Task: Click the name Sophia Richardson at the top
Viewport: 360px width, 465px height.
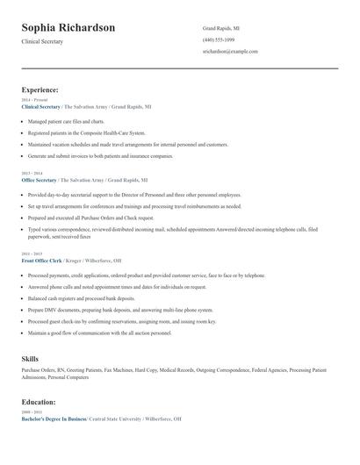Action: (x=68, y=28)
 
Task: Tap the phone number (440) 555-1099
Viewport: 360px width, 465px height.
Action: (x=219, y=40)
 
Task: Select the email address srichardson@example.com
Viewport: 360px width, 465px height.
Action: (x=229, y=53)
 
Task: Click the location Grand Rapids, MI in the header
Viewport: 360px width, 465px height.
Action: (x=221, y=28)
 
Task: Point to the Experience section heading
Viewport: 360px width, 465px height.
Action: (x=40, y=89)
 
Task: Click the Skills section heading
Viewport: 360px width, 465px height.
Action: (x=30, y=359)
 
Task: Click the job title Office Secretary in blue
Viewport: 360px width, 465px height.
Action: (x=40, y=180)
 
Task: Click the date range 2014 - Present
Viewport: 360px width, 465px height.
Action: (x=33, y=100)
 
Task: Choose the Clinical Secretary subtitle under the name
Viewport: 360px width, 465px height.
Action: (x=43, y=42)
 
